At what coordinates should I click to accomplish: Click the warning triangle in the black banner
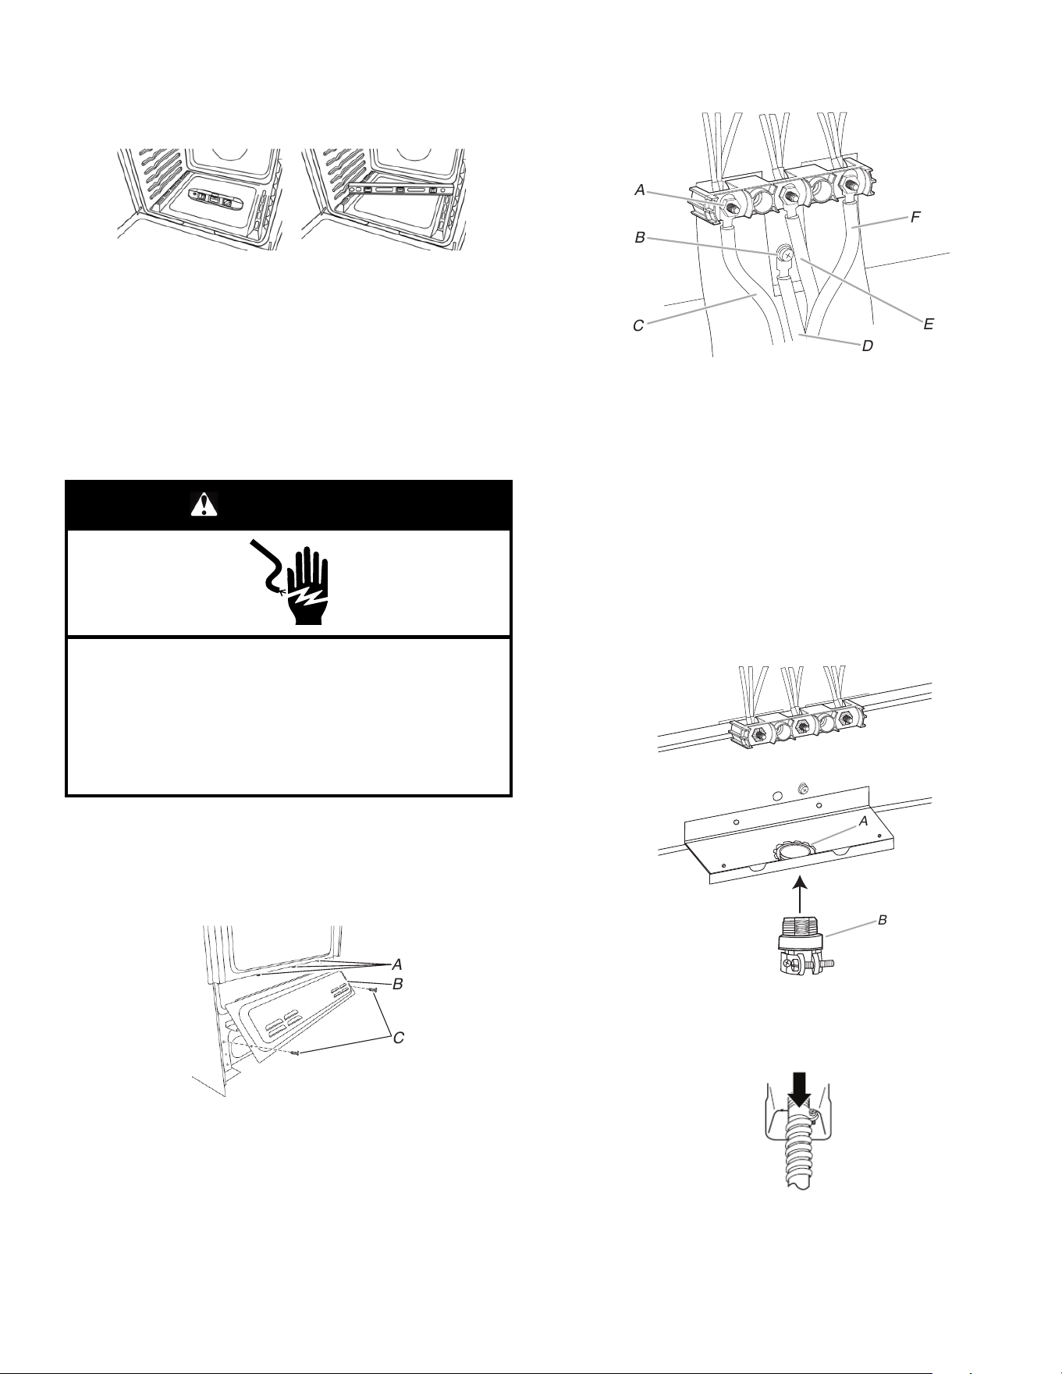204,506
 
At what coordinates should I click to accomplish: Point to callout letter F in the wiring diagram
916,218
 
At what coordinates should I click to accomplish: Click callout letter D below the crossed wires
867,346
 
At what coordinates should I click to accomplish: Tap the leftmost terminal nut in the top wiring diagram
733,207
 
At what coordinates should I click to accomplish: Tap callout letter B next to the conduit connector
883,921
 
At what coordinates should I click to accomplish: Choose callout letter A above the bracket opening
863,821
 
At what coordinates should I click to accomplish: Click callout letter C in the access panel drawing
398,1039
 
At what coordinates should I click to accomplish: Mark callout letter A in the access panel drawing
397,965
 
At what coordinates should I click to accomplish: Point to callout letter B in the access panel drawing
397,985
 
